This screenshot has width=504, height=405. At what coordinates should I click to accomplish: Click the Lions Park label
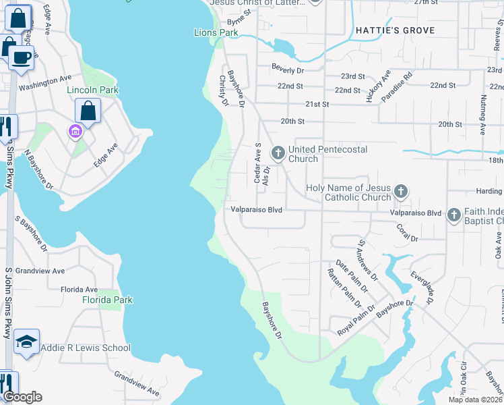[x=216, y=32]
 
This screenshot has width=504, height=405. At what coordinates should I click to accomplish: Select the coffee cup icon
[x=21, y=57]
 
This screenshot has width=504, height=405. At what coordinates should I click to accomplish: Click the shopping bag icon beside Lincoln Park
[x=88, y=109]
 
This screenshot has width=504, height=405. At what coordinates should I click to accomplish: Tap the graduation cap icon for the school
[x=26, y=342]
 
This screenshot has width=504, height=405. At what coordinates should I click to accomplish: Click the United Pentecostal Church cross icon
[x=278, y=153]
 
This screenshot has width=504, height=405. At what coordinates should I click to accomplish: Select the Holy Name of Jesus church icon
[x=401, y=192]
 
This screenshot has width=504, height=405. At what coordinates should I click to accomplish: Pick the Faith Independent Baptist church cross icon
[x=453, y=215]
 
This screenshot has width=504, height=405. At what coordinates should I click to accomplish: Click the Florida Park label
[x=108, y=300]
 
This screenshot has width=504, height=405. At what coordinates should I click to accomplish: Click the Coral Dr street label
[x=408, y=233]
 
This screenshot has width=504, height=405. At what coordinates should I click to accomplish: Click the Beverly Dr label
[x=288, y=68]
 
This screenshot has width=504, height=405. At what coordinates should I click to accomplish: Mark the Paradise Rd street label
[x=398, y=88]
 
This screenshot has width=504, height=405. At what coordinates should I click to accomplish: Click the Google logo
[x=22, y=397]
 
